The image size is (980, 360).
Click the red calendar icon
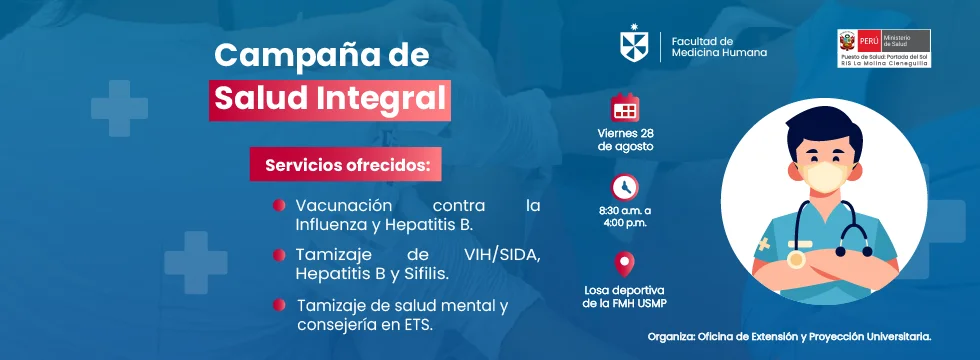(x=625, y=107)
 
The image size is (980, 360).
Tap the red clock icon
(x=625, y=187)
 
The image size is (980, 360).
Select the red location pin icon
(x=624, y=264)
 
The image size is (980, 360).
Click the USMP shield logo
(x=634, y=44)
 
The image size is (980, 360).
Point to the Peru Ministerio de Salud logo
(x=884, y=48)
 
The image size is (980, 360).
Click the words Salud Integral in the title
(x=330, y=99)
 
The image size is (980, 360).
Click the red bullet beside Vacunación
(x=279, y=205)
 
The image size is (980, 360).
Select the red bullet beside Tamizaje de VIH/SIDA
(x=279, y=255)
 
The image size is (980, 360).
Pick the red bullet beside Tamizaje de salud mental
(x=279, y=306)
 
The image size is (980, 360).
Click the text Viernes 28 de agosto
(x=625, y=140)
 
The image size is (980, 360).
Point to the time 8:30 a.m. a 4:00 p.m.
(x=625, y=216)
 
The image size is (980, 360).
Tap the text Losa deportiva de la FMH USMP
(x=624, y=297)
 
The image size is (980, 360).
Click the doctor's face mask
(x=824, y=178)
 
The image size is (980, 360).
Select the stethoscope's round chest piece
(x=796, y=259)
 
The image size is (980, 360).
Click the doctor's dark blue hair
(x=823, y=128)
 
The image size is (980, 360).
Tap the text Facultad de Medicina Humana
(x=719, y=47)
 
